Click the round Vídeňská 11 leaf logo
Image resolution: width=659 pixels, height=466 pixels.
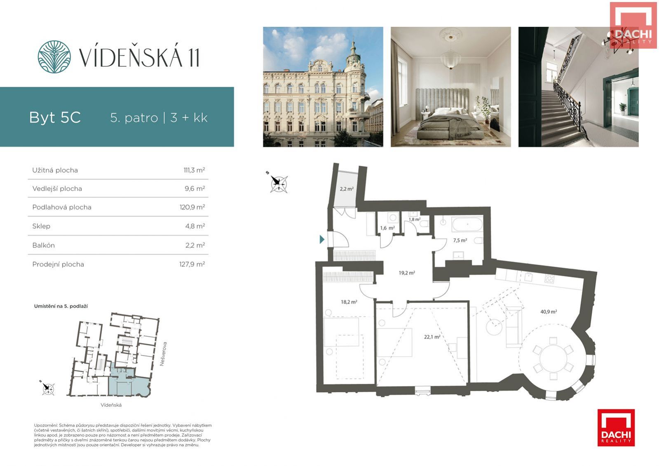[x=54, y=57]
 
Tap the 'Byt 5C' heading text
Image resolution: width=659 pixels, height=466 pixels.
[x=55, y=118]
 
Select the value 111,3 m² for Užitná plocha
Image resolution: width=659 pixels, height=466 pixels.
[x=194, y=170]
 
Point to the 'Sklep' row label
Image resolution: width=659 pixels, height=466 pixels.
[x=41, y=226]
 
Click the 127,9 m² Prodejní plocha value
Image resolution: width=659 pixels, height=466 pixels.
[x=192, y=264]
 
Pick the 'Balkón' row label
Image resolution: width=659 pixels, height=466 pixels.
[x=44, y=245]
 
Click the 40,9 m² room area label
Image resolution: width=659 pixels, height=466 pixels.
[x=549, y=311]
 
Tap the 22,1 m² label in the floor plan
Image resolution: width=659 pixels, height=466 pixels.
[x=432, y=337]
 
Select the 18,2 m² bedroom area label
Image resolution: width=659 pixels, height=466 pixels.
[x=349, y=302]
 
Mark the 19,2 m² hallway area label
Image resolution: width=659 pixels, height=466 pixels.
[x=407, y=273]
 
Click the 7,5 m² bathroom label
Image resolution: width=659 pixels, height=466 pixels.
[x=460, y=240]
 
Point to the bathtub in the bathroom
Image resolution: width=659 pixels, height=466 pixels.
[x=467, y=225]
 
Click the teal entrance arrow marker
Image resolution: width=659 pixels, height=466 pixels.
[x=322, y=239]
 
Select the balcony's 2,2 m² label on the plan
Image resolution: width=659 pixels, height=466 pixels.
[x=347, y=189]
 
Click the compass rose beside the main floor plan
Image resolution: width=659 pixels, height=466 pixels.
[x=278, y=184]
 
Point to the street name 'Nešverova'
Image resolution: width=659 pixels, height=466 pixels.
[x=163, y=354]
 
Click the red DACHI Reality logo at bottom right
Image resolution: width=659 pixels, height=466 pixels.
[x=616, y=428]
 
